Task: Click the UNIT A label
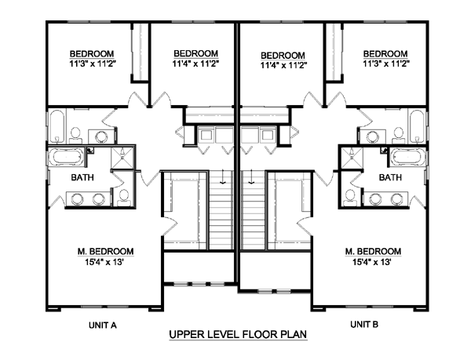pos(102,325)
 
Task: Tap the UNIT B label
pos(364,324)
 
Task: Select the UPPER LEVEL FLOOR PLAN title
pos(238,334)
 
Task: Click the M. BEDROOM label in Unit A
pos(105,252)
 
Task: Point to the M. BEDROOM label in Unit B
pos(373,252)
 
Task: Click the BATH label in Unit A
pos(82,177)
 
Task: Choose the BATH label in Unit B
pos(390,177)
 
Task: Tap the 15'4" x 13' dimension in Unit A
pos(104,262)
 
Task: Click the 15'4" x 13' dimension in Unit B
pos(372,262)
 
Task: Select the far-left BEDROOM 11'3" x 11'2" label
pos(92,59)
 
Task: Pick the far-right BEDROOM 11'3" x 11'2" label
pos(385,59)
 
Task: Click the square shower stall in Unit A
pos(122,158)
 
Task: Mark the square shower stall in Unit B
pos(352,158)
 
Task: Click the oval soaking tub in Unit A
pos(66,157)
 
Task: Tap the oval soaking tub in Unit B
pos(407,157)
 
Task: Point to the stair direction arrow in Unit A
pos(222,176)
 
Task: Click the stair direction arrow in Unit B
pos(251,176)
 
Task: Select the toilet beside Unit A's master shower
pos(123,198)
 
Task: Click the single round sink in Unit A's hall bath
pos(100,136)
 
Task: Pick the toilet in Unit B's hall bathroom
pos(399,136)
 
